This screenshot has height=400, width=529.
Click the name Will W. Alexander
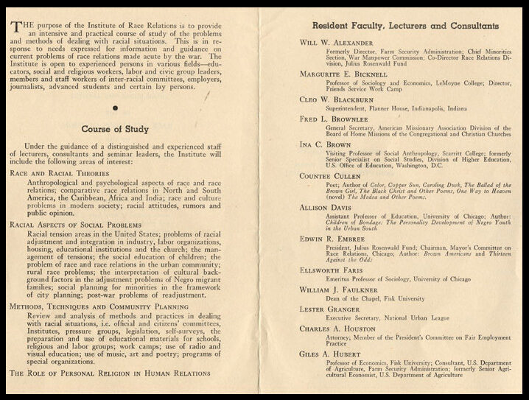click(x=337, y=43)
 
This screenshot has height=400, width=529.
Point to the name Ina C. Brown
click(x=326, y=145)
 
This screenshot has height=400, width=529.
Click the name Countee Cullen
click(x=332, y=176)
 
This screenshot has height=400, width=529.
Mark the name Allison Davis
click(x=328, y=207)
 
